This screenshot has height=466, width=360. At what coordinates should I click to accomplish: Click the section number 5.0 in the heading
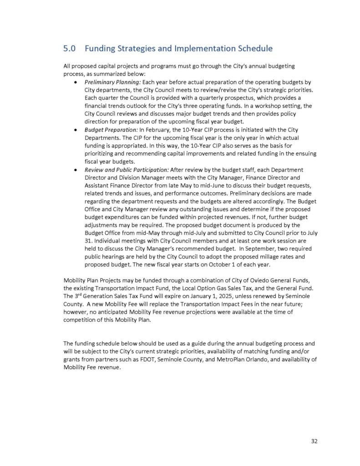(69, 48)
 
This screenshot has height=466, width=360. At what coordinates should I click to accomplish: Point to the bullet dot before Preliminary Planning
(75, 82)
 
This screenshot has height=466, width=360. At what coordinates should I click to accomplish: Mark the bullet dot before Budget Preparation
(75, 130)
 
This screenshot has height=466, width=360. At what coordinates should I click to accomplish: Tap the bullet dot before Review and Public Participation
(75, 169)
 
